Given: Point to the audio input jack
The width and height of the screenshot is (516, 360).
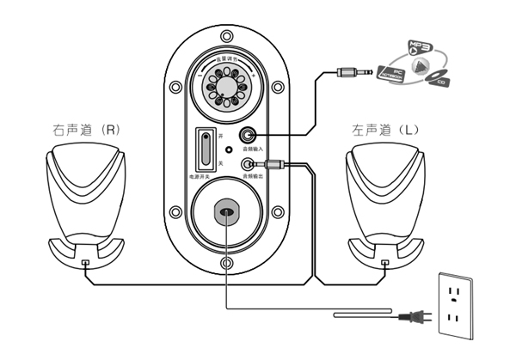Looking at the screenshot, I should coord(249,135).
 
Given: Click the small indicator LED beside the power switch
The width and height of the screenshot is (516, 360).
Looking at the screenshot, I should coord(228,149).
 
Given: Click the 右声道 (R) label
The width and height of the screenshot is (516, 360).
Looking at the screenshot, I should coord(85,130).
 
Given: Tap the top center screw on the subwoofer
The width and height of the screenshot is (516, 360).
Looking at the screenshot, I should coord(226,37).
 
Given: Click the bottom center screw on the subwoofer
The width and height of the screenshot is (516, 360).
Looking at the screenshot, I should coord(226,262).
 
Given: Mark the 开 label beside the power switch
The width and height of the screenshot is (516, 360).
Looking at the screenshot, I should coord(221,137).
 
